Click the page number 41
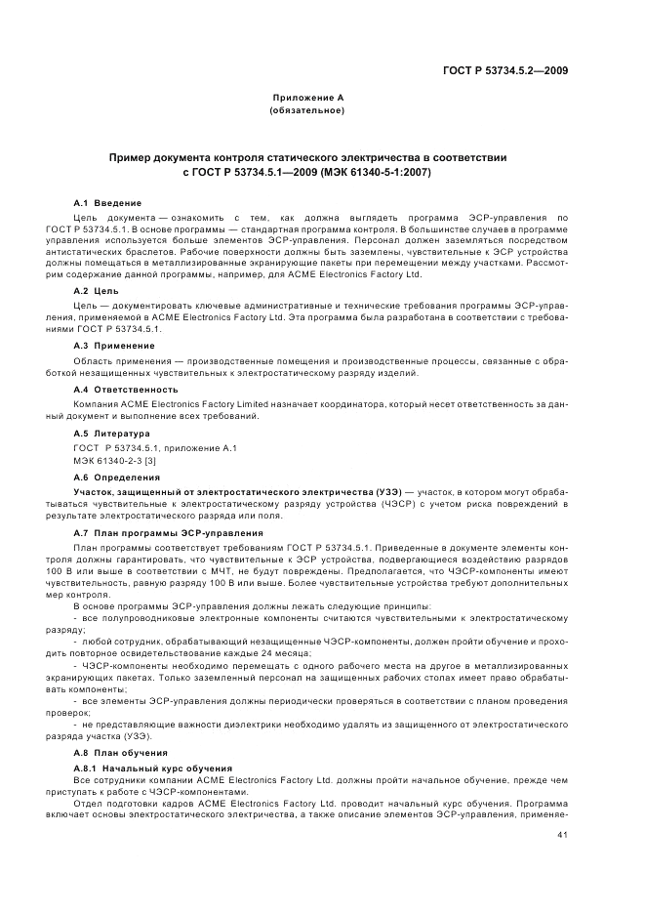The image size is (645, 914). [562, 836]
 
